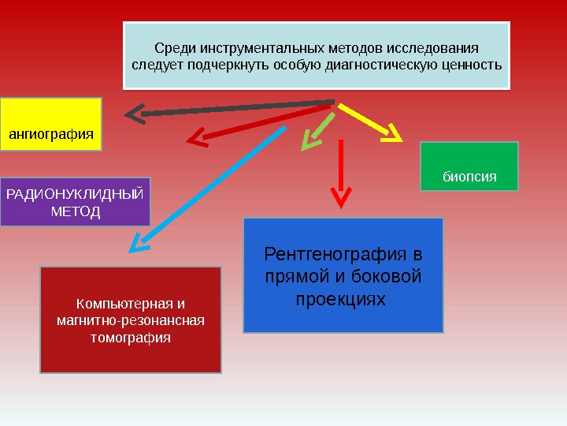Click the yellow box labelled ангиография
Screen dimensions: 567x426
[51, 124]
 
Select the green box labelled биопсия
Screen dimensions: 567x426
[469, 166]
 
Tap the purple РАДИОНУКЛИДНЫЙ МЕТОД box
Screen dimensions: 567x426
[75, 202]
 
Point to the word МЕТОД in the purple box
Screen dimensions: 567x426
[75, 212]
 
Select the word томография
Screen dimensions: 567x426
[131, 338]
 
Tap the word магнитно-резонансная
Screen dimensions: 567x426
[131, 320]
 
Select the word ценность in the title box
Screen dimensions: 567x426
[472, 65]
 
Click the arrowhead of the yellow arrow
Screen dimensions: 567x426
[391, 136]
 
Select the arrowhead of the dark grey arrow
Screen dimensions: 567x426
[134, 115]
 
